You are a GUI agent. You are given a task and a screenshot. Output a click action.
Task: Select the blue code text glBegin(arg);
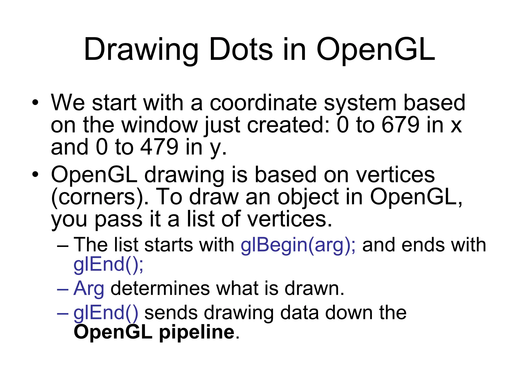coord(298,245)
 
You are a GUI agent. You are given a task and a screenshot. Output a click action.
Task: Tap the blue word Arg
coord(89,288)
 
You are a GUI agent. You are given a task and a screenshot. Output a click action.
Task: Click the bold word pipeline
coord(197,332)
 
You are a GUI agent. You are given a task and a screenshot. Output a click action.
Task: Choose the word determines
coord(160,288)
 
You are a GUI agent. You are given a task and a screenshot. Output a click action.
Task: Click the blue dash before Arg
coord(63,289)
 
